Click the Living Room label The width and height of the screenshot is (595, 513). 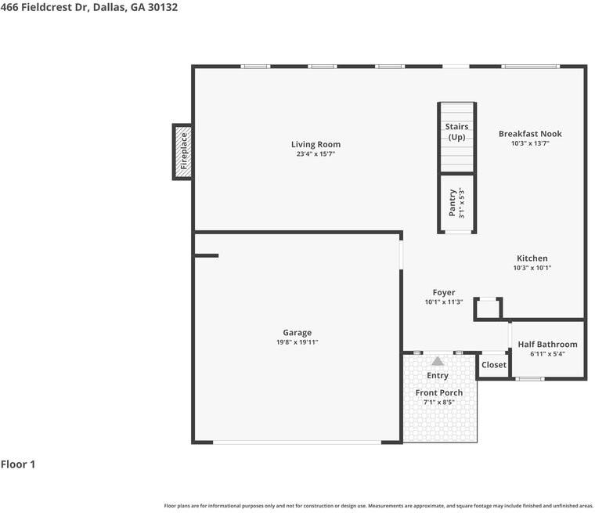316,144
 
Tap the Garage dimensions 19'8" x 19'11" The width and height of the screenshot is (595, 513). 297,342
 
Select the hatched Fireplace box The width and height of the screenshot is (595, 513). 182,152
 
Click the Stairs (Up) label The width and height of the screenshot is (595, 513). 456,132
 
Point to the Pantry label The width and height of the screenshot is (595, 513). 452,203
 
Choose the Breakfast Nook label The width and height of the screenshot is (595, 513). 530,134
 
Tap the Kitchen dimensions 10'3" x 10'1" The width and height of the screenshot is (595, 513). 532,268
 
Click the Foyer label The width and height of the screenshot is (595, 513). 444,292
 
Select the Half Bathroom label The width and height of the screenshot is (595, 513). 547,345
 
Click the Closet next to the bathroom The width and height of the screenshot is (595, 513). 494,365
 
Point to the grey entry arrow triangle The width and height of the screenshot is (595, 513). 438,361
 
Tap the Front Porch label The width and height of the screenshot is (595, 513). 439,392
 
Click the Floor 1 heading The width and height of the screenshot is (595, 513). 18,464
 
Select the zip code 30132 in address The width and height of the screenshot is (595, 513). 162,7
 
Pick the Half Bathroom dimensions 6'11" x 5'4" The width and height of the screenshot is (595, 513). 547,354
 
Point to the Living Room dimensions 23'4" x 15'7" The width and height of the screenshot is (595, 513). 316,154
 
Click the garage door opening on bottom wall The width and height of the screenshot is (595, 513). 297,443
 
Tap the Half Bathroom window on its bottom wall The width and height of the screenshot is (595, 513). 530,378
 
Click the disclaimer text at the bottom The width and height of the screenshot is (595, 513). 379,506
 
